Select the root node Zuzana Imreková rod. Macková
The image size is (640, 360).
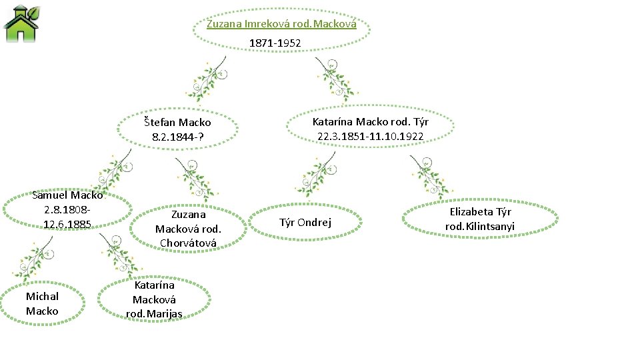click(281, 24)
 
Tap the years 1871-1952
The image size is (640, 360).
click(275, 43)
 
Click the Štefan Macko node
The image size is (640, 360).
click(177, 122)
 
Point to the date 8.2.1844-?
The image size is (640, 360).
click(177, 137)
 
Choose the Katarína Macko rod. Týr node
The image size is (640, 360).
click(370, 122)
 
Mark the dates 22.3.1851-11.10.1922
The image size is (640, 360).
click(370, 137)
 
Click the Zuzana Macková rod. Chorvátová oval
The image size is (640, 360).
click(188, 229)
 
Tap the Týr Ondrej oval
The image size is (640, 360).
click(305, 223)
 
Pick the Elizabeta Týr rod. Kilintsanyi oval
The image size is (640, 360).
click(480, 219)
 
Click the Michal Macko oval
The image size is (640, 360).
click(42, 303)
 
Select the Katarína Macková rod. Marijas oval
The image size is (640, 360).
click(154, 299)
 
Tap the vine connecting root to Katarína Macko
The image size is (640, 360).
click(333, 79)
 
